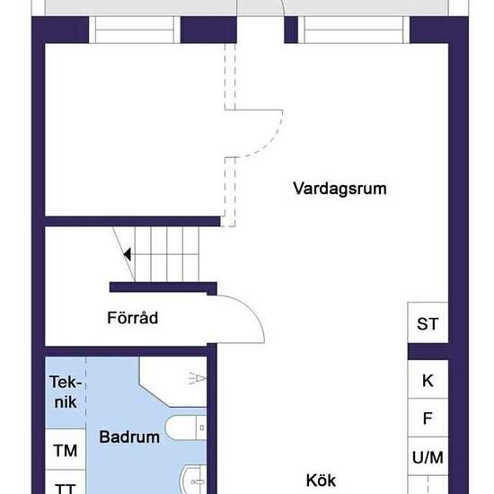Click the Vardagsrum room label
point(340,189)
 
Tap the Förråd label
point(133,318)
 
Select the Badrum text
point(129,437)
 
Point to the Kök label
point(321,481)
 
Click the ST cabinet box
point(428,322)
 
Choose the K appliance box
point(428,379)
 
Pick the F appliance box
point(428,418)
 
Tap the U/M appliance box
point(428,456)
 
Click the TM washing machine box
point(66,449)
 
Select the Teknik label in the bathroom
point(66,392)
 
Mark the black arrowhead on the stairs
point(128,254)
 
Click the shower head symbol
point(198,378)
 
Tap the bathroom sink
point(193,481)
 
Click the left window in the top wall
point(135,30)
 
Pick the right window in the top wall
point(354,30)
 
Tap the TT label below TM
point(66,488)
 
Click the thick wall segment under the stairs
point(163,287)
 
